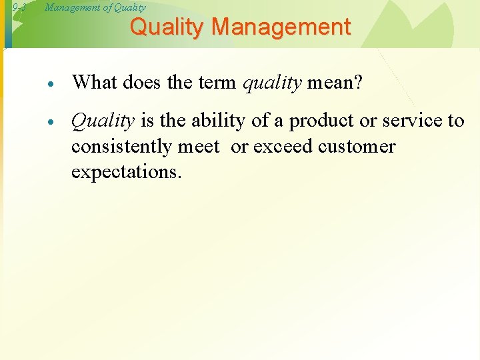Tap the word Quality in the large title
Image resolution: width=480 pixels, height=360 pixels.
(x=169, y=27)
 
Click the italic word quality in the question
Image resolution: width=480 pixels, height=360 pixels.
(x=272, y=83)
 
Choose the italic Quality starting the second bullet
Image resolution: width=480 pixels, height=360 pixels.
(x=103, y=121)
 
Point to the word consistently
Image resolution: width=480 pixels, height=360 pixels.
(x=121, y=146)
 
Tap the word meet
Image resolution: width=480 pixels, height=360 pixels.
(x=199, y=146)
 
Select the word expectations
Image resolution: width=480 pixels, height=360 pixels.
(x=125, y=171)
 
